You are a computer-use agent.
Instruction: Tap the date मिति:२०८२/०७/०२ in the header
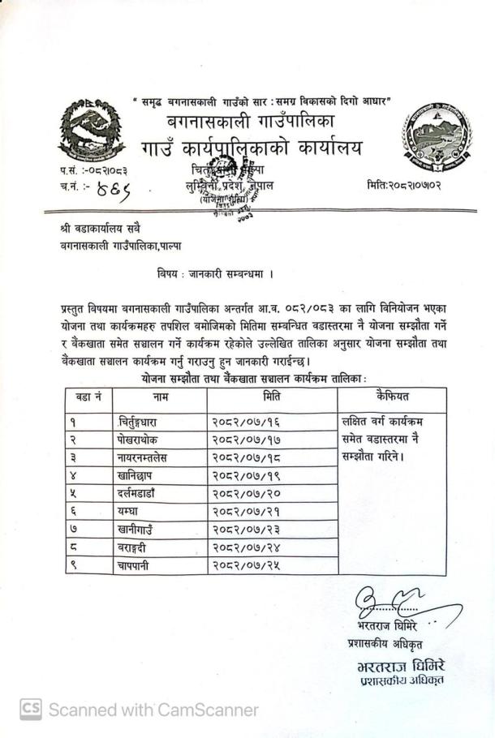point(408,185)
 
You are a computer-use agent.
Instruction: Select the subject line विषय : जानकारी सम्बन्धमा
point(214,274)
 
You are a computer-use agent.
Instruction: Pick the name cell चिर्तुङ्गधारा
point(143,423)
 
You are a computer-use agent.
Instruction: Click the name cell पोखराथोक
point(139,440)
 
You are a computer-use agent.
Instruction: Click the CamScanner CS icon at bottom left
point(30,710)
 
